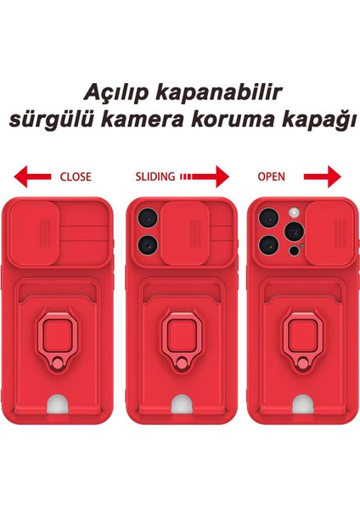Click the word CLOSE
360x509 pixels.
pyautogui.click(x=76, y=177)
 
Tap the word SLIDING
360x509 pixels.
pyautogui.click(x=155, y=177)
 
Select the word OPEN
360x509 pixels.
pyautogui.click(x=271, y=177)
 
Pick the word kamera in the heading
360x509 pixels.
pyautogui.click(x=146, y=121)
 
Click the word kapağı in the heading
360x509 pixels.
pyautogui.click(x=316, y=121)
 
